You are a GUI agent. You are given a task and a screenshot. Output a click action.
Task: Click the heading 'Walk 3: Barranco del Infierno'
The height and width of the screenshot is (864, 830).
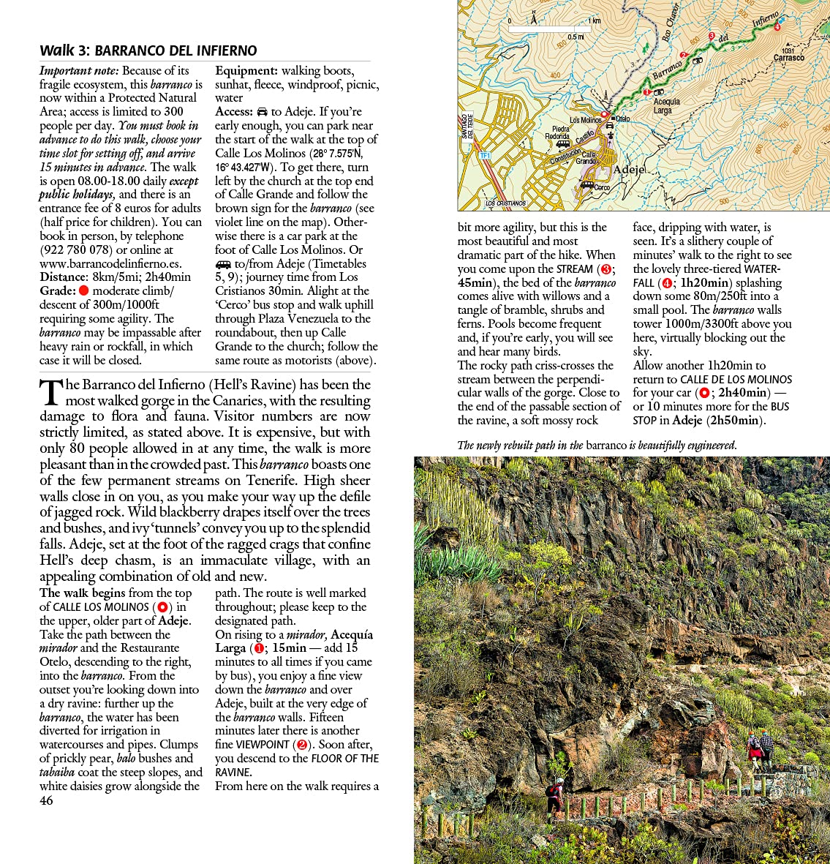(148, 50)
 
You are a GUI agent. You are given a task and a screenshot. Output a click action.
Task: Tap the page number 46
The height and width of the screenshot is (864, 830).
(46, 800)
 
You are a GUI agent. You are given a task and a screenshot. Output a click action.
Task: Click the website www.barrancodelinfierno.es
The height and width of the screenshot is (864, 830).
(110, 263)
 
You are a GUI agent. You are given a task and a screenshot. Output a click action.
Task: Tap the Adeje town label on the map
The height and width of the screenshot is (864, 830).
(629, 169)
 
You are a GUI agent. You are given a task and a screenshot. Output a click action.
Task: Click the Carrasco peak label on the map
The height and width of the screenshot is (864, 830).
(788, 58)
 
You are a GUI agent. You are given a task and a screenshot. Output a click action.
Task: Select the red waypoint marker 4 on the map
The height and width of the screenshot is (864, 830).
(777, 27)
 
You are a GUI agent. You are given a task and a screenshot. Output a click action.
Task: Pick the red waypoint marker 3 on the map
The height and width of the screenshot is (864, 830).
(712, 36)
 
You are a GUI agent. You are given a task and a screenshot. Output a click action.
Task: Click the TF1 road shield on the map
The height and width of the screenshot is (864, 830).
(484, 156)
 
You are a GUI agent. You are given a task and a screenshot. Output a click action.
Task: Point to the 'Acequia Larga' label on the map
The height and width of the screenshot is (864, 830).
(666, 106)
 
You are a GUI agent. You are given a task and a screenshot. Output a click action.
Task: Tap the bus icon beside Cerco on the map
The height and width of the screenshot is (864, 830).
(586, 185)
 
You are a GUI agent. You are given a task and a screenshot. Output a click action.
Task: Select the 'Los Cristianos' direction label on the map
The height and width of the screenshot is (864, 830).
(505, 203)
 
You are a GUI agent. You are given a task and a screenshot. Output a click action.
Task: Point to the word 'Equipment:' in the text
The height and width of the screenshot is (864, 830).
(246, 71)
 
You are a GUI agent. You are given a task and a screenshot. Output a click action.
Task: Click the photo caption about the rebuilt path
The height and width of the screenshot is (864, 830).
(597, 446)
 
